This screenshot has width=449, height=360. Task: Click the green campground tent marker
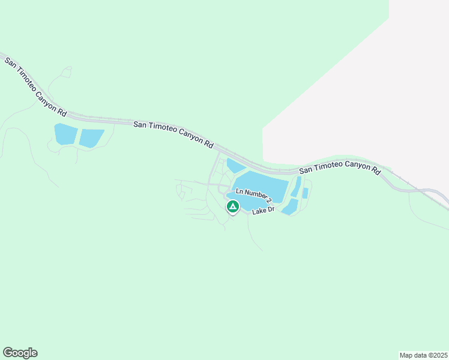232,207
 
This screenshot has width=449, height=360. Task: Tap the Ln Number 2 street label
254,195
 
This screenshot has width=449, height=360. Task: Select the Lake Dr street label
263,211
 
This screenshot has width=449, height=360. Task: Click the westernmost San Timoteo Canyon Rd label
35,85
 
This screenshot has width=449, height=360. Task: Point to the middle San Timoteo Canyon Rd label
173,134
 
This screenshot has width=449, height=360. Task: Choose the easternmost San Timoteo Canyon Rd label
340,170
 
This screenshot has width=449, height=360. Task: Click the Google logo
20,353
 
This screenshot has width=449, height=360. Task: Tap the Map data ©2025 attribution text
423,355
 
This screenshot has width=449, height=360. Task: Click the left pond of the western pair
65,134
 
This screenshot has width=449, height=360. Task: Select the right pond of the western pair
92,138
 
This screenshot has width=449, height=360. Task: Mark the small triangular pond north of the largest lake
235,166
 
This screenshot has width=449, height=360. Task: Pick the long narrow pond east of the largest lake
296,187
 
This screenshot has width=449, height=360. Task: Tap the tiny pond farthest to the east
306,193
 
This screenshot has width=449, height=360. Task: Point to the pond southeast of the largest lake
291,207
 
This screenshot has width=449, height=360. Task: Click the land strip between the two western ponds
79,136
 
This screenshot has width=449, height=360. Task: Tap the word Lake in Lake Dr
259,212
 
